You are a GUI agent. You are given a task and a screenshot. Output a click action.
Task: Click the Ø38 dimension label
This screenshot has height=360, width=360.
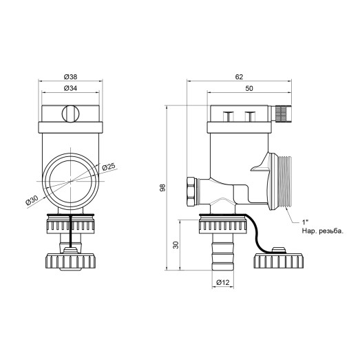(70, 77)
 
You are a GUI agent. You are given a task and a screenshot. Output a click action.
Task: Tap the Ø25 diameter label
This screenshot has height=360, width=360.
(107, 167)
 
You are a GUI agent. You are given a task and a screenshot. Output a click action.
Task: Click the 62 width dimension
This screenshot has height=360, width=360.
(240, 77)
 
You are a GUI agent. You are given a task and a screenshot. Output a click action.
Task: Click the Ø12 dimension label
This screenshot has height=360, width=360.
(222, 283)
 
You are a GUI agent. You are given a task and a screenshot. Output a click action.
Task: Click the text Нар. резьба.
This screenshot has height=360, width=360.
(322, 231)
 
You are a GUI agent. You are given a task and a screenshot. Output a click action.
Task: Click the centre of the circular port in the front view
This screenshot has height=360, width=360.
(70, 181)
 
